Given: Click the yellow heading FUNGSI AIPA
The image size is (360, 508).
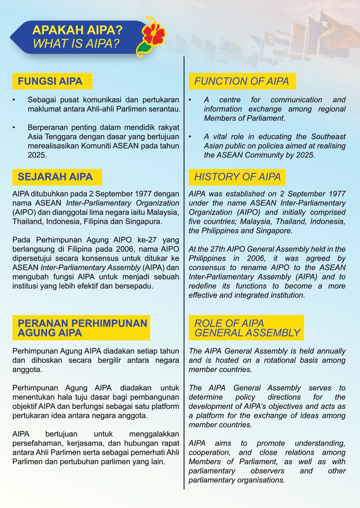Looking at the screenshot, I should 50,81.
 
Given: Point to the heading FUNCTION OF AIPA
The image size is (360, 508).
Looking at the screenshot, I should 241,81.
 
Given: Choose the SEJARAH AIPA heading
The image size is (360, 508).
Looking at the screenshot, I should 55,177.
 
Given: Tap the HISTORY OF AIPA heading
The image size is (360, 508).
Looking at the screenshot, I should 237,177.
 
